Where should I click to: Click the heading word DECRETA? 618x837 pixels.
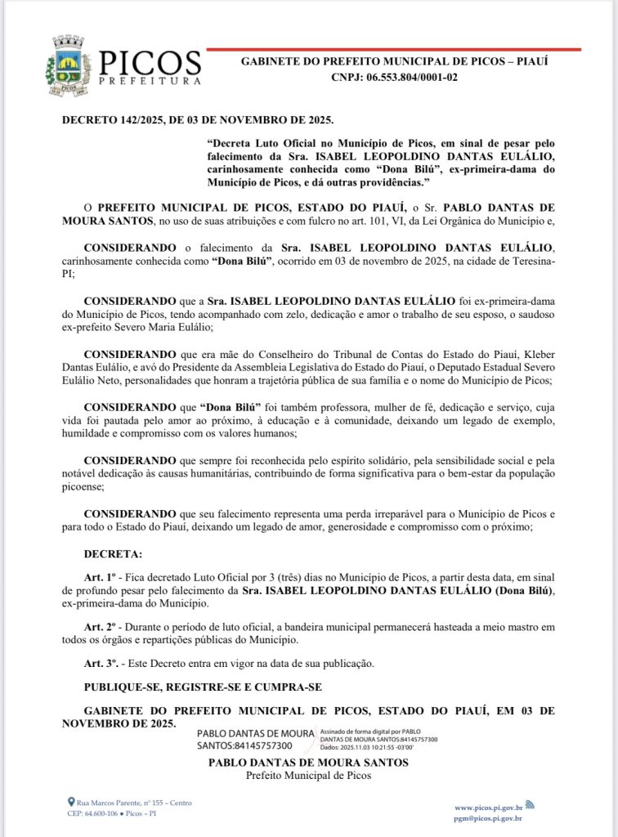tap(113, 554)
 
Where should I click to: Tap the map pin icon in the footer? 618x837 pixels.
tap(71, 803)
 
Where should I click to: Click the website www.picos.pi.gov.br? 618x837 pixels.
tap(488, 807)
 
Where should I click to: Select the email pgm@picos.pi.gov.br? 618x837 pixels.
tap(488, 817)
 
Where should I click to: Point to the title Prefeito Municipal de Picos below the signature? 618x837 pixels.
tap(308, 775)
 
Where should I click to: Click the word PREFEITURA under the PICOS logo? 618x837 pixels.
tap(150, 81)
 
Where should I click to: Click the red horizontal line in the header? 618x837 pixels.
tap(393, 50)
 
